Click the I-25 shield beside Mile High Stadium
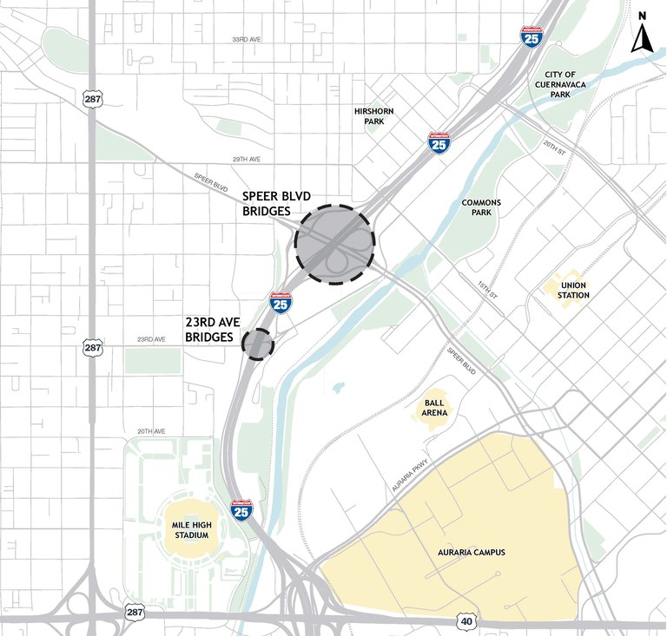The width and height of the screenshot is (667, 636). coord(241,509)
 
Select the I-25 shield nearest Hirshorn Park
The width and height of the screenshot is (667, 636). coord(439,142)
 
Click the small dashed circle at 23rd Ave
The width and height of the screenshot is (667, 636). coord(257,344)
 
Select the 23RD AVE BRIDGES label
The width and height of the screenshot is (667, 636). coord(213,330)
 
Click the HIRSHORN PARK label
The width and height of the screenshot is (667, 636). coord(374,117)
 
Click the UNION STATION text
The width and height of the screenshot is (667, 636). coord(575,290)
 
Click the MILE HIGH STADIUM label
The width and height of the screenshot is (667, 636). coord(191,530)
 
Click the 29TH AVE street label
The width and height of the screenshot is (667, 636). coord(247,160)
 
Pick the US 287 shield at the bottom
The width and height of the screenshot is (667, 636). coord(133,611)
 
